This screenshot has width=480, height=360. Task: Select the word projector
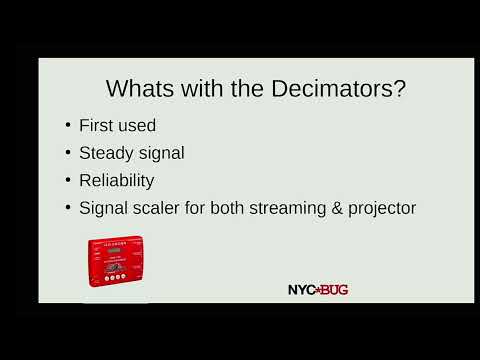point(379,209)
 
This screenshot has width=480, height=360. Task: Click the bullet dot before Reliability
point(68,181)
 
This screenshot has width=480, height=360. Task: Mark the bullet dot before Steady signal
point(68,154)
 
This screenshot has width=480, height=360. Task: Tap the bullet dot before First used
point(68,126)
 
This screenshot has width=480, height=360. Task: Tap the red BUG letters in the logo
point(333,289)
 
